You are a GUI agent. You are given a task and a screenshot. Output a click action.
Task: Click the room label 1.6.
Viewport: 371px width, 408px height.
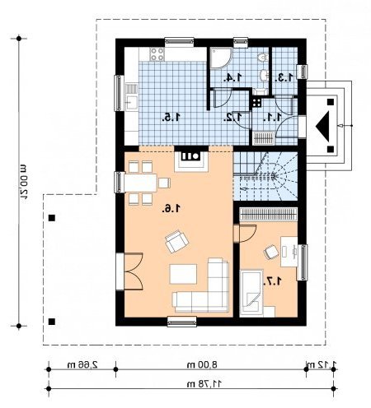[171, 209]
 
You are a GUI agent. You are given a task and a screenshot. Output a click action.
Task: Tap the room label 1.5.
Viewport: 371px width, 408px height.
[171, 118]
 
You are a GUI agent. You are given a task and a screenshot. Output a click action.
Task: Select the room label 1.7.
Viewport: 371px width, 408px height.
[273, 280]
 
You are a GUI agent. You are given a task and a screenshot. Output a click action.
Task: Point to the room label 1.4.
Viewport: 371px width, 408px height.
[232, 77]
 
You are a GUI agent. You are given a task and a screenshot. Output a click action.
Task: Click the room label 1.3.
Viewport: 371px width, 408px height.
[284, 77]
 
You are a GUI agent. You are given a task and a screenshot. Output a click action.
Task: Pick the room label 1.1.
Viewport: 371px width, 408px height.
[272, 118]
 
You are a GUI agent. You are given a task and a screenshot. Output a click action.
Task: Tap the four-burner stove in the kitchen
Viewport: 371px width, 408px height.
[157, 54]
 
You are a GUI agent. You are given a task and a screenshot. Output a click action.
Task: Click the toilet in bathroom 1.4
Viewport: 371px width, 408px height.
[263, 57]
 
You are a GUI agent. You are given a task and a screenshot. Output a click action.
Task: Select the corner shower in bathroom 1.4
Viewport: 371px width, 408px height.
[221, 58]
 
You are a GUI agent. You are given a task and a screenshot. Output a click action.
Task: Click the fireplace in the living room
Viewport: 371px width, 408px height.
[191, 159]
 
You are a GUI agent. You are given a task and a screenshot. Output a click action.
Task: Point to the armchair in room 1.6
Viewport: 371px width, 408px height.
[176, 241]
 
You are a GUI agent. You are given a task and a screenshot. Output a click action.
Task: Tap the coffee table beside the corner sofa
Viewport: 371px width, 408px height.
[183, 274]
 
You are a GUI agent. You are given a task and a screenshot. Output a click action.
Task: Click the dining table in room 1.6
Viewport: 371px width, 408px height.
[140, 183]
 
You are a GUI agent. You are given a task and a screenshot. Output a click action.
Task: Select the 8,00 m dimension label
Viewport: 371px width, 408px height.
[202, 364]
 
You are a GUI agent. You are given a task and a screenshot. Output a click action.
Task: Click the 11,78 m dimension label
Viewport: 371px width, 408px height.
[204, 384]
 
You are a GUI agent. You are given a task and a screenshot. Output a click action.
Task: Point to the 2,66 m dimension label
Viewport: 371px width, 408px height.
[82, 364]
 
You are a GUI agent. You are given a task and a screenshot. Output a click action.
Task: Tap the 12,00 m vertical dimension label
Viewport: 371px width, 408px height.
[24, 181]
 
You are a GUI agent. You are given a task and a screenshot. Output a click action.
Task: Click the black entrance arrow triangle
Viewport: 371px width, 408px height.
[322, 126]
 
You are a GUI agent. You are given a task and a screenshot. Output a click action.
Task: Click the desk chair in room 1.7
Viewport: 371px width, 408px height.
[271, 252]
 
